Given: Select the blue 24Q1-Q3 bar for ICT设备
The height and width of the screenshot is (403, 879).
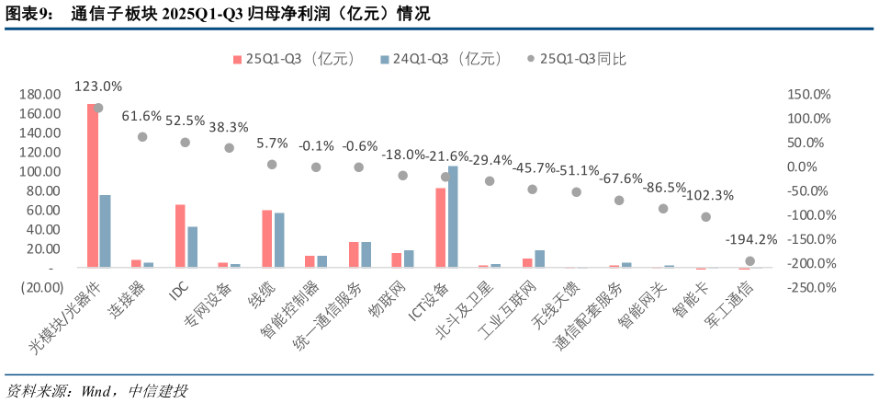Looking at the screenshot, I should (x=453, y=217).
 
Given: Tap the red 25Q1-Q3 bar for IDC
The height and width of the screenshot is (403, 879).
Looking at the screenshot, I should (x=180, y=236).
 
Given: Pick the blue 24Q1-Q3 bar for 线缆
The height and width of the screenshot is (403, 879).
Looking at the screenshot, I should (x=279, y=240).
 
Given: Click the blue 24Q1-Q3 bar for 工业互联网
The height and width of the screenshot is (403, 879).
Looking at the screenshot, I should (x=540, y=259).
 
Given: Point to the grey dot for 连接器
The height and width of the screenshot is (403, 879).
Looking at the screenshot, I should (x=142, y=137).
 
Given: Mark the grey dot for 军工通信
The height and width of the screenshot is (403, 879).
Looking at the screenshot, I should (x=749, y=261).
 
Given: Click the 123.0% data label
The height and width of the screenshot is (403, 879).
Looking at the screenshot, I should (x=98, y=86).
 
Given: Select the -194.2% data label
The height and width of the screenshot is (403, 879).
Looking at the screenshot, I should (x=751, y=239).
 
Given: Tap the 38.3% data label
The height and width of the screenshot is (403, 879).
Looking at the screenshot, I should (x=229, y=127).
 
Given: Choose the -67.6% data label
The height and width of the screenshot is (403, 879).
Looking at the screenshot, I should (x=617, y=178).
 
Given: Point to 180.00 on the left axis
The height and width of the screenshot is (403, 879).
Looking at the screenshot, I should (x=40, y=95).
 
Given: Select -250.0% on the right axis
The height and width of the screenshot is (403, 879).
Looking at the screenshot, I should (x=808, y=287).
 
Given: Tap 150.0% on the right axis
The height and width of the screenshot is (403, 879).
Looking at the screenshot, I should (x=809, y=95).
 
